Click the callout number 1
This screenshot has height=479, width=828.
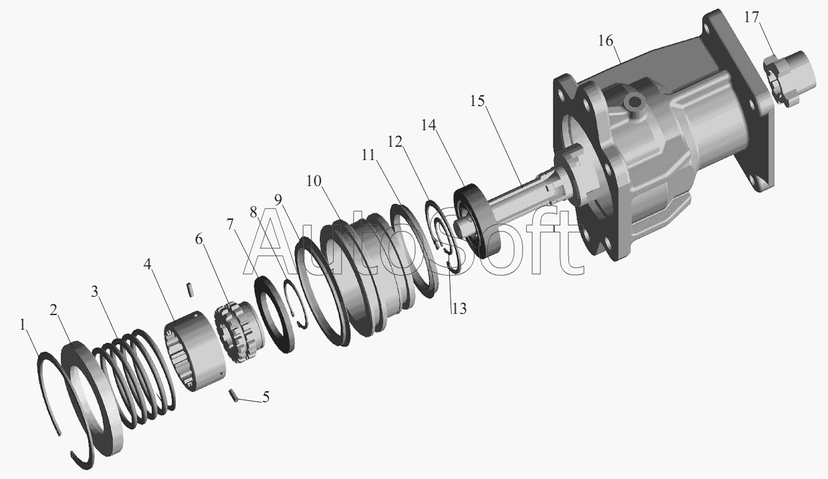coord(23,325)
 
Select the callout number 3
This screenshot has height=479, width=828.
coord(95,292)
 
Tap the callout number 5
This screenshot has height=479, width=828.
coord(266,397)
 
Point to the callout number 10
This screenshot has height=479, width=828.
coord(314,181)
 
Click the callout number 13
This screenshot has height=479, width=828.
coord(459,308)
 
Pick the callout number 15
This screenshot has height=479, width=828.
coord(477,100)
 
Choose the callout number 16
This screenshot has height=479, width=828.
coord(606,41)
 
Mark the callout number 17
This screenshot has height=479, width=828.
coord(751,17)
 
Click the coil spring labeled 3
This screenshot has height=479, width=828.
coord(134,379)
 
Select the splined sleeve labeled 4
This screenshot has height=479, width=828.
coord(194,351)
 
